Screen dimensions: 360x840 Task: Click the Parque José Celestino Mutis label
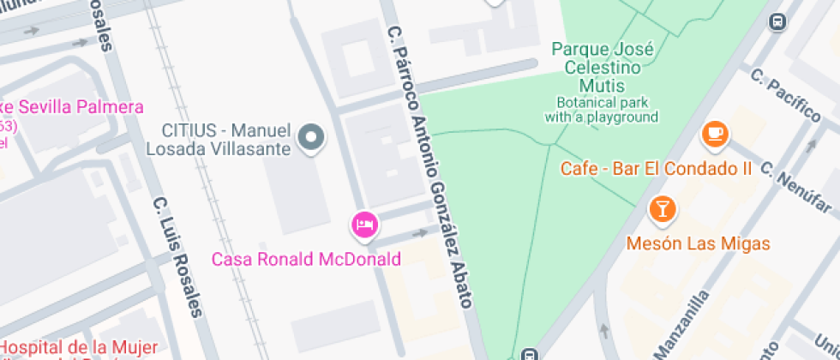point(603,68)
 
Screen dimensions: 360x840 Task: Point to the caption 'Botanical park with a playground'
point(602,109)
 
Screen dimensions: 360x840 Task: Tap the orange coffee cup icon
point(714,134)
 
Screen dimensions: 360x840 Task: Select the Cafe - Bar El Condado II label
point(656,168)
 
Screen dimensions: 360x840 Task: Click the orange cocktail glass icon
point(662,208)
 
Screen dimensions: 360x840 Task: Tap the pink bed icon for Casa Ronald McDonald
point(364,225)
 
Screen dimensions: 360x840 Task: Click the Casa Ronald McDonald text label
point(307,259)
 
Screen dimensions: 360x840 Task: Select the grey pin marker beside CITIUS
point(312,137)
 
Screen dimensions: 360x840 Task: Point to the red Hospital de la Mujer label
point(79,347)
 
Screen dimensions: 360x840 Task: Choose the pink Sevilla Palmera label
point(72,107)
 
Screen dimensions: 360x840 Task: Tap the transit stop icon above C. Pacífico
point(778,21)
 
